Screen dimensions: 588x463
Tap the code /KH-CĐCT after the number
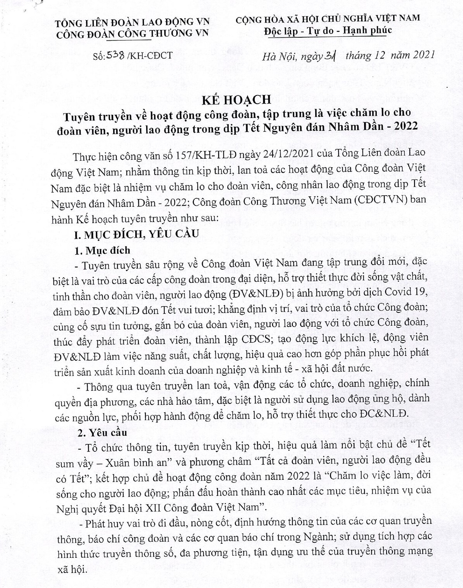point(149,56)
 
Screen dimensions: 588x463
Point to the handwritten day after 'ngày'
point(330,57)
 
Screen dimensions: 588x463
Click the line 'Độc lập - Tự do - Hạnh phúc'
point(328,30)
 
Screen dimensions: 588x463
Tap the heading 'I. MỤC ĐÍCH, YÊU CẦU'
point(137,234)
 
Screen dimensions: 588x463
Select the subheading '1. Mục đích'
point(102,250)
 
